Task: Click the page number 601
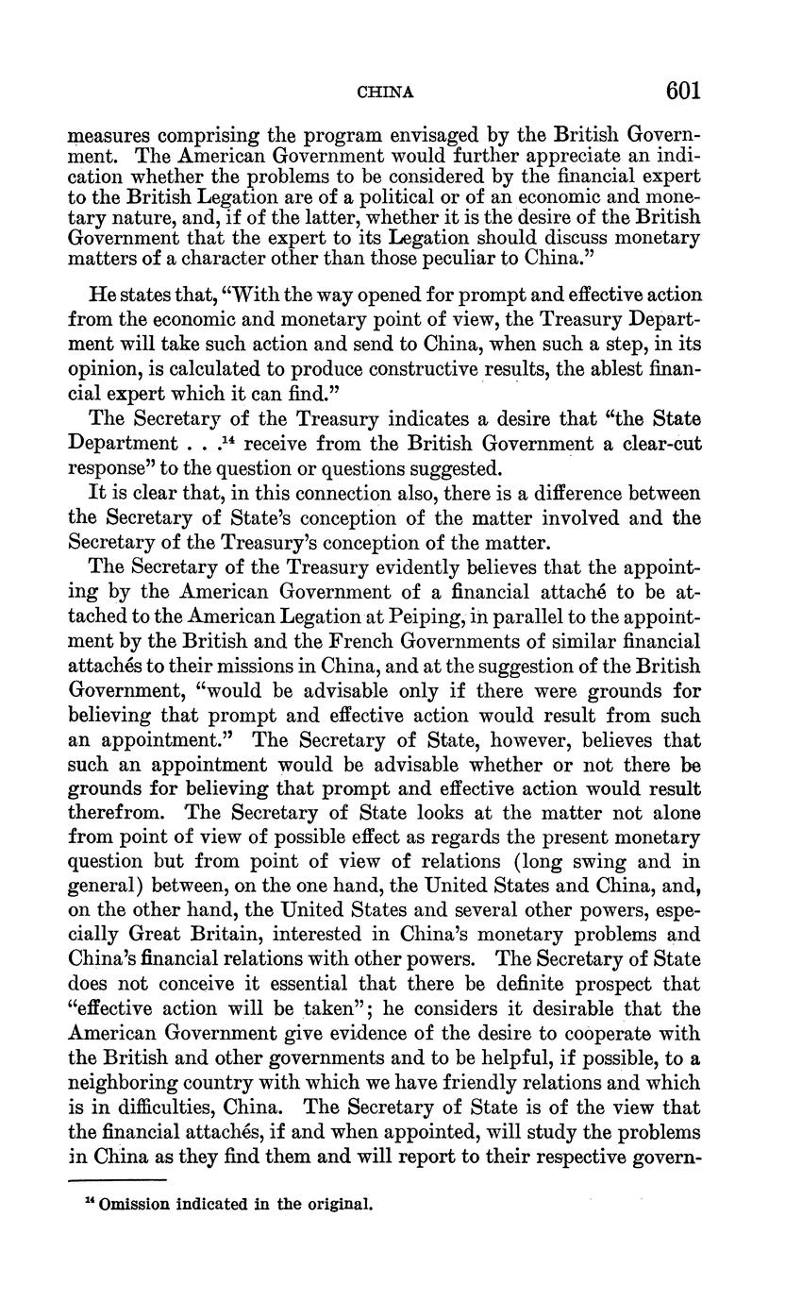[x=683, y=91]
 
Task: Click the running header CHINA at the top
[x=386, y=93]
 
